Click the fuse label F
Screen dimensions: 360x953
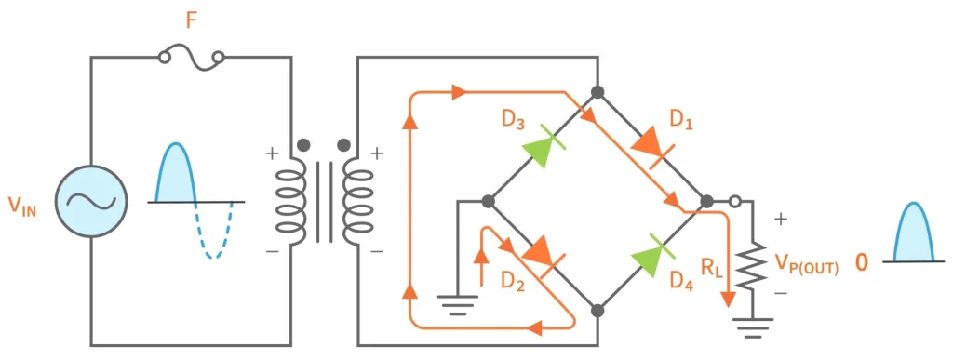pos(192,20)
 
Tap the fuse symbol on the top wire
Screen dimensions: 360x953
pos(192,59)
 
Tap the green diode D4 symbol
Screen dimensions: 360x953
pos(652,252)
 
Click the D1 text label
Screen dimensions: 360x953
pos(683,120)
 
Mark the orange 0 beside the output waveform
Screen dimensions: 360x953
pos(861,263)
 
